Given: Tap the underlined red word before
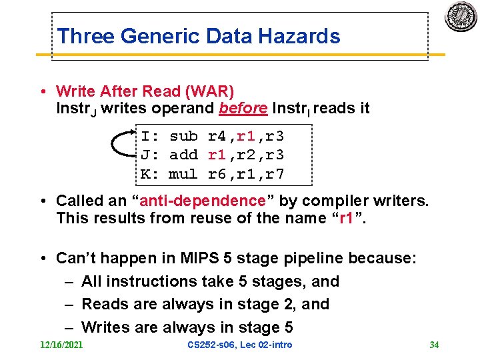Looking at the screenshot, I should pyautogui.click(x=243, y=108).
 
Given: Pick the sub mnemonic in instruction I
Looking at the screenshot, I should pyautogui.click(x=183, y=137).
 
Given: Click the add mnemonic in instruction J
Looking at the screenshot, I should pyautogui.click(x=183, y=155).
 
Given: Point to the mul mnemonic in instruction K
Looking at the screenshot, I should pyautogui.click(x=183, y=175).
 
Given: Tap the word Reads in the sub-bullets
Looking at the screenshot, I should pyautogui.click(x=104, y=304).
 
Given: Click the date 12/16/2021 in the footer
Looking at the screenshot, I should pyautogui.click(x=61, y=345).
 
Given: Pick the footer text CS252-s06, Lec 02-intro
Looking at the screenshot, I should pyautogui.click(x=240, y=345).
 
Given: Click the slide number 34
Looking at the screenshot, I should pyautogui.click(x=434, y=345).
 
